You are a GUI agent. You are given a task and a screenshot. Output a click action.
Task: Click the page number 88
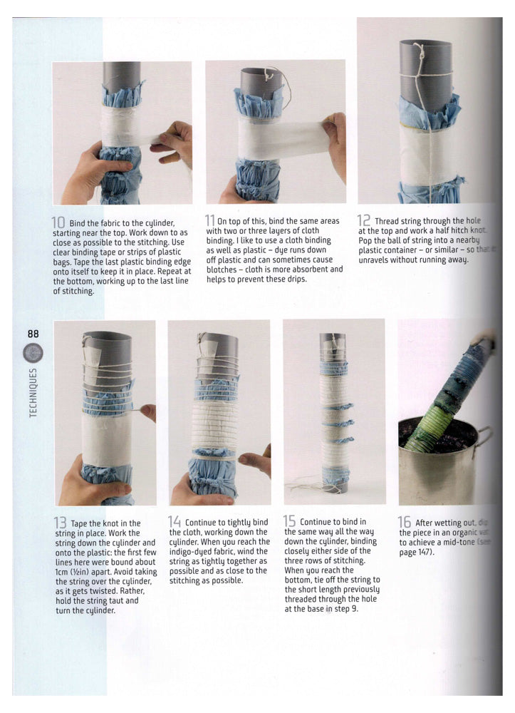pyautogui.click(x=33, y=334)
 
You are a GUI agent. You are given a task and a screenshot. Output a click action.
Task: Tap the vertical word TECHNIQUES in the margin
pyautogui.click(x=33, y=393)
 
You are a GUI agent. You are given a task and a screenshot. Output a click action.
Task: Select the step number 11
pyautogui.click(x=210, y=221)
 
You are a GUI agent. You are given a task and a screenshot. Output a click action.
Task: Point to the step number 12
pyautogui.click(x=364, y=221)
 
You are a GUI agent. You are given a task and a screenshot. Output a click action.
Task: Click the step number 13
pyautogui.click(x=61, y=523)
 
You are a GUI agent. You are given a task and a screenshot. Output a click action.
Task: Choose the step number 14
pyautogui.click(x=175, y=522)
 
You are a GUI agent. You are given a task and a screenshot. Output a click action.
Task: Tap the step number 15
pyautogui.click(x=290, y=522)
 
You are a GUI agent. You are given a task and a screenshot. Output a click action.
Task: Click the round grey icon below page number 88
pyautogui.click(x=33, y=353)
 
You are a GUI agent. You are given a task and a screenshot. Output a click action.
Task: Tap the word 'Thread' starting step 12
pyautogui.click(x=389, y=222)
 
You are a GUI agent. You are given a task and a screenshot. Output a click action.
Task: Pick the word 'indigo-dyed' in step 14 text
pyautogui.click(x=194, y=551)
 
